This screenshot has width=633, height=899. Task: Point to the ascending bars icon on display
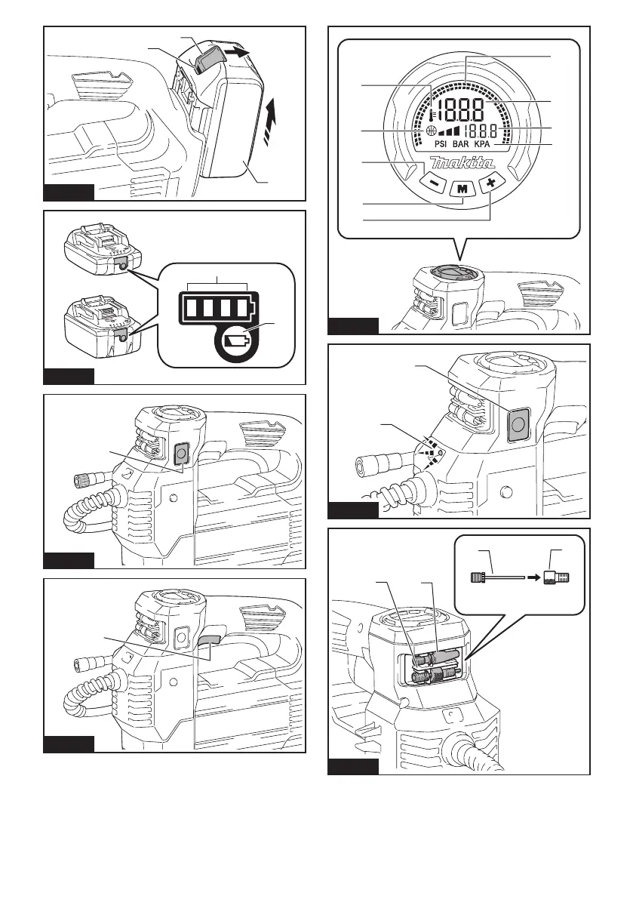coord(447,131)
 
